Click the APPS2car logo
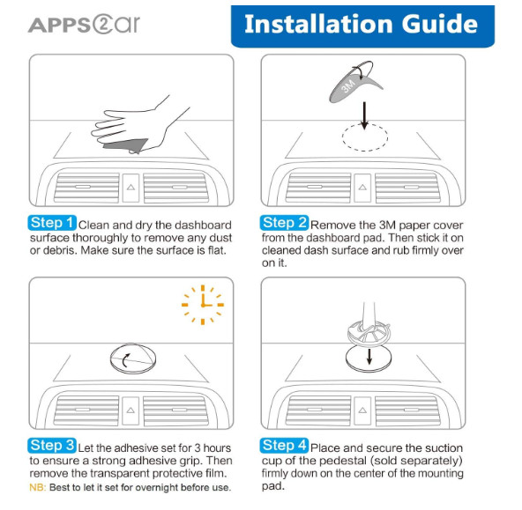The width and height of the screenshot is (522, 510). pyautogui.click(x=84, y=25)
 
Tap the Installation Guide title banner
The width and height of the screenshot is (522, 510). pyautogui.click(x=362, y=26)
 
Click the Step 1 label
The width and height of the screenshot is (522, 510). pyautogui.click(x=52, y=223)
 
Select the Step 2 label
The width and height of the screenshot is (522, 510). pyautogui.click(x=284, y=223)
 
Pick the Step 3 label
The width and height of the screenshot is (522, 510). pyautogui.click(x=52, y=446)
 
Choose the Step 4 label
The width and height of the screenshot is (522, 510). pyautogui.click(x=284, y=446)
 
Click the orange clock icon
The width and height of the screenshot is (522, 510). pyautogui.click(x=203, y=305)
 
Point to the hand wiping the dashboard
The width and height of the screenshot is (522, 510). pyautogui.click(x=140, y=125)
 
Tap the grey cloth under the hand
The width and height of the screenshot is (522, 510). pyautogui.click(x=126, y=146)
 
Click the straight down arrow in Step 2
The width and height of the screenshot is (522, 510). pyautogui.click(x=364, y=115)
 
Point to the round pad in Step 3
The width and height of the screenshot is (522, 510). pyautogui.click(x=133, y=358)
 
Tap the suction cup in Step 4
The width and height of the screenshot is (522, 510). pyautogui.click(x=369, y=331)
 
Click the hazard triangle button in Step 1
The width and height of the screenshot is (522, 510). pyautogui.click(x=130, y=188)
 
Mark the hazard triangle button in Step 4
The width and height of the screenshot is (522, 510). pyautogui.click(x=362, y=411)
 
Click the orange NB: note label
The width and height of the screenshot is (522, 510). pyautogui.click(x=38, y=488)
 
